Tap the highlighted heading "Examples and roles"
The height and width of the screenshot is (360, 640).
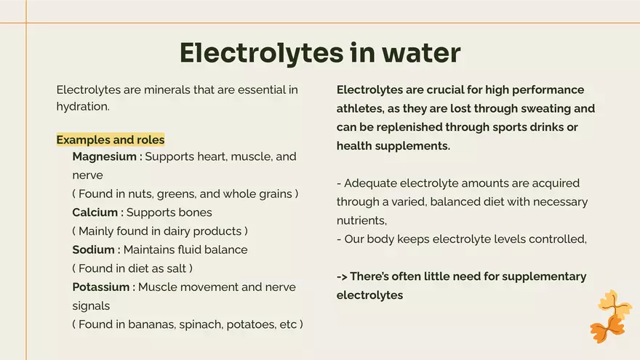point(111,140)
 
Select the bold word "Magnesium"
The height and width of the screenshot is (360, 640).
point(104,156)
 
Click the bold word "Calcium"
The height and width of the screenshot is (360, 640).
point(95,212)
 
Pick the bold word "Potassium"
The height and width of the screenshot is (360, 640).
point(101,287)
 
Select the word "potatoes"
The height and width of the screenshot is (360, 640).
point(247,324)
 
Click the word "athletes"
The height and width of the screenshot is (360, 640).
point(361,109)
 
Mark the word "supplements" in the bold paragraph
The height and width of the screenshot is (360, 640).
point(411,146)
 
